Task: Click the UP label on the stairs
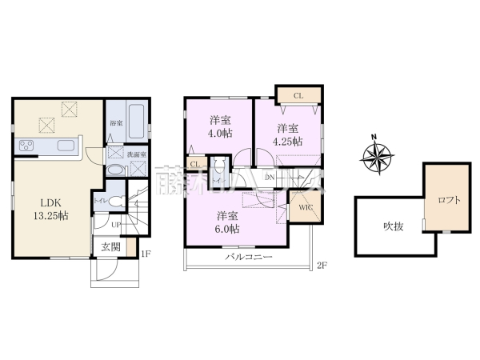[x=116, y=224]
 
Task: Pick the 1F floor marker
[x=146, y=255]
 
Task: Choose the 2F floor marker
[x=322, y=265]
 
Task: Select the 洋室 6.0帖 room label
[x=228, y=222]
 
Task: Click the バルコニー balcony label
[x=249, y=258]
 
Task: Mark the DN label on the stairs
[x=270, y=177]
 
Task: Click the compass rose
[x=377, y=157]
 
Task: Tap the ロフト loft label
[x=449, y=201]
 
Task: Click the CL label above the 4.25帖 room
[x=298, y=96]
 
